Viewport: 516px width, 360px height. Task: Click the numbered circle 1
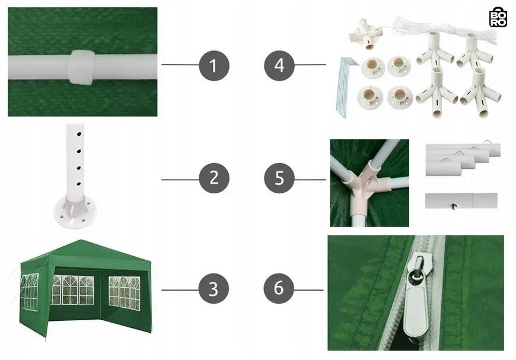coord(214,65)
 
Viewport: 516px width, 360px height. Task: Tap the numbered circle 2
coord(214,178)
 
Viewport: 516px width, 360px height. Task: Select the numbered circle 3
coord(214,289)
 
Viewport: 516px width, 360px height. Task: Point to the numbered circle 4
coord(279,65)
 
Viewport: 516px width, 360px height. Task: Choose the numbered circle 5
coord(279,178)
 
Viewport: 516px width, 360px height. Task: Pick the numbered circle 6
coord(279,288)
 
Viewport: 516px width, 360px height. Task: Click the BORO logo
coord(498,17)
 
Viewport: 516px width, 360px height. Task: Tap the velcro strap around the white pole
coord(81,68)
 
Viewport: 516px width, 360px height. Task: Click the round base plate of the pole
coord(72,212)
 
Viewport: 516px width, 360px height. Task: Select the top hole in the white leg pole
coord(79,134)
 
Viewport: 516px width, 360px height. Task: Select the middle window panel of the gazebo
coord(73,290)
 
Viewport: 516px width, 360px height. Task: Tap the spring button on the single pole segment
coord(454,206)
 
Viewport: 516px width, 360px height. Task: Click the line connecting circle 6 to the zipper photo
coord(308,290)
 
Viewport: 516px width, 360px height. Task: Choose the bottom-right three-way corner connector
coord(480,93)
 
